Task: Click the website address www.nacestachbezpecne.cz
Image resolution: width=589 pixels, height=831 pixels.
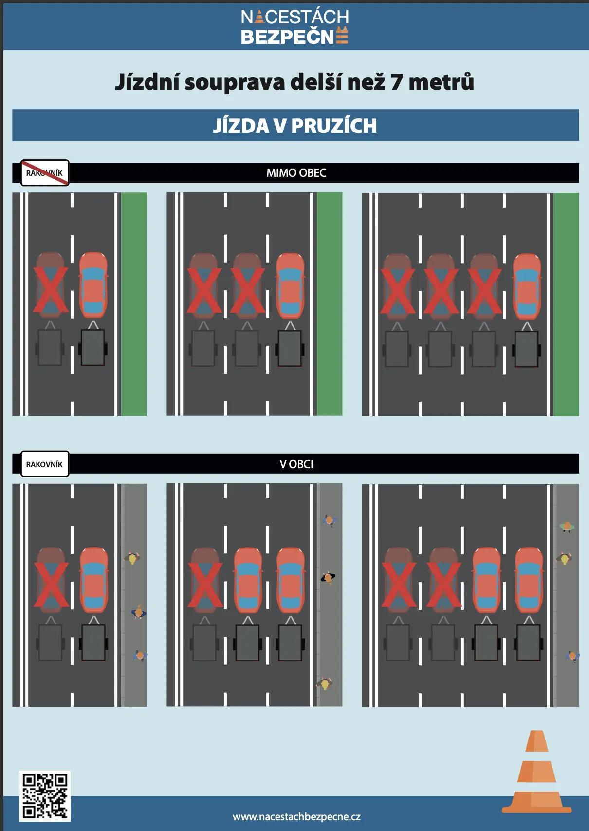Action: point(296,816)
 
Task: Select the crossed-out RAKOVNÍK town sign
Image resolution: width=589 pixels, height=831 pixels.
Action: point(45,173)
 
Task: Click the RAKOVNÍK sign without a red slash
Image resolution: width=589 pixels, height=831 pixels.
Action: point(45,464)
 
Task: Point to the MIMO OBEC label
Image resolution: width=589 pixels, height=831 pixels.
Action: point(296,173)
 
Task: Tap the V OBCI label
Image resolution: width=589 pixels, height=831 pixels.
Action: point(296,464)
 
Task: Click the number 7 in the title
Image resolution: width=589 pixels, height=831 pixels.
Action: point(396,82)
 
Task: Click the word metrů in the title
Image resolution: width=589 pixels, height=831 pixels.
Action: point(441,81)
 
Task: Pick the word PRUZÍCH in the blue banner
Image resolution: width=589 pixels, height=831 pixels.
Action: point(334,125)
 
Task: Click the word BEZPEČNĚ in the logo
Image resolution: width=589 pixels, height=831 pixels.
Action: point(294,37)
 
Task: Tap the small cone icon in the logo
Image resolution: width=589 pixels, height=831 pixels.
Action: point(259,17)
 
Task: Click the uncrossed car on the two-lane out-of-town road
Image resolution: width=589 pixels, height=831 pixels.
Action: point(93,285)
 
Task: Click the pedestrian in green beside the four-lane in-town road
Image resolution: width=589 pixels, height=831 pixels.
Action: point(567,527)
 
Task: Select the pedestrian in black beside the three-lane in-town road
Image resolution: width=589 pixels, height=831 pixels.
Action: point(328,578)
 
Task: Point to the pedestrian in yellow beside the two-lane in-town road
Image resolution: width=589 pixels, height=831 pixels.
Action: point(132,558)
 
